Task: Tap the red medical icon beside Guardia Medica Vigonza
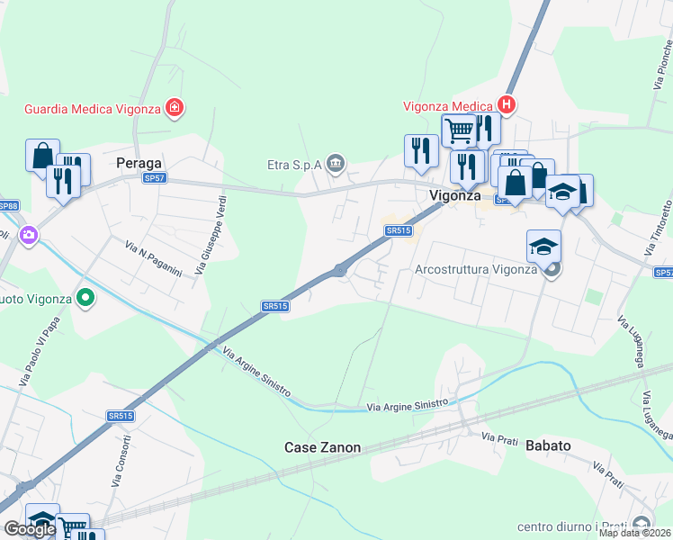(175, 110)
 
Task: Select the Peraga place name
(139, 164)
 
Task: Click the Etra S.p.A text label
(293, 164)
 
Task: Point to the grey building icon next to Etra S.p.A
(336, 163)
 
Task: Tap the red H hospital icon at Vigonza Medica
(507, 105)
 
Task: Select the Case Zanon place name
(322, 447)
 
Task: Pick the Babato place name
(549, 445)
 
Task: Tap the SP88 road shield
(7, 206)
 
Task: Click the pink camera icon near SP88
(29, 235)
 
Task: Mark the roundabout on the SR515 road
(340, 269)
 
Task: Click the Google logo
(30, 529)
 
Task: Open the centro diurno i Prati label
(572, 526)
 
